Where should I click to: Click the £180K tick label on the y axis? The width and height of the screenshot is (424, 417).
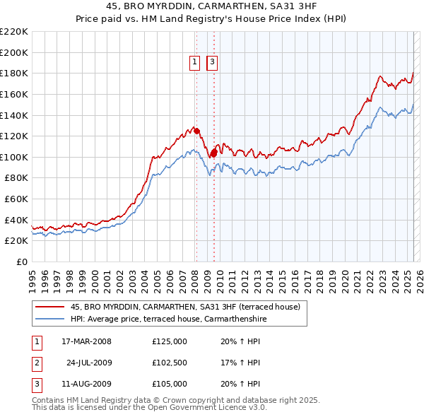[x=14, y=73]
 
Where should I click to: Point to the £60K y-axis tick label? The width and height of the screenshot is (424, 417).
[x=16, y=199]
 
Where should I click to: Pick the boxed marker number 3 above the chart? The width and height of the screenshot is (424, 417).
[x=212, y=62]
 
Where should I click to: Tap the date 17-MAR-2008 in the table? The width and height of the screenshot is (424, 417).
[x=87, y=342]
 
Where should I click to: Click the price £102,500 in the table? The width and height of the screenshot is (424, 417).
[x=170, y=363]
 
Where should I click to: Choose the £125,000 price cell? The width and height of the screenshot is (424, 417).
[x=170, y=342]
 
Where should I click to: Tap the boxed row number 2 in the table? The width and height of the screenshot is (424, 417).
[x=36, y=363]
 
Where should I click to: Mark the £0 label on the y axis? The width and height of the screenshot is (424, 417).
[x=22, y=262]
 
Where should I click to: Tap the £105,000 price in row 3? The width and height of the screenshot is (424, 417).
[x=170, y=384]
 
